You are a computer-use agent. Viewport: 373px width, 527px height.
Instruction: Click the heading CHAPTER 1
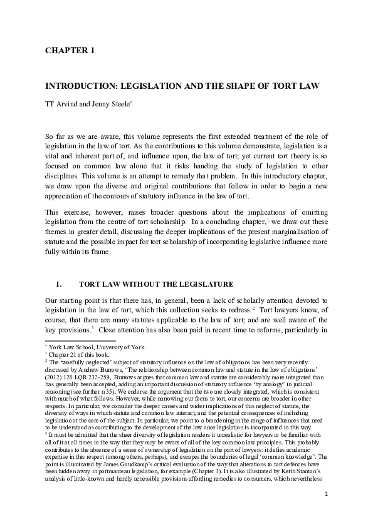[69, 50]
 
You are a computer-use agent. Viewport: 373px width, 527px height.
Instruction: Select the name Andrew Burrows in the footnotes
[100, 367]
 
